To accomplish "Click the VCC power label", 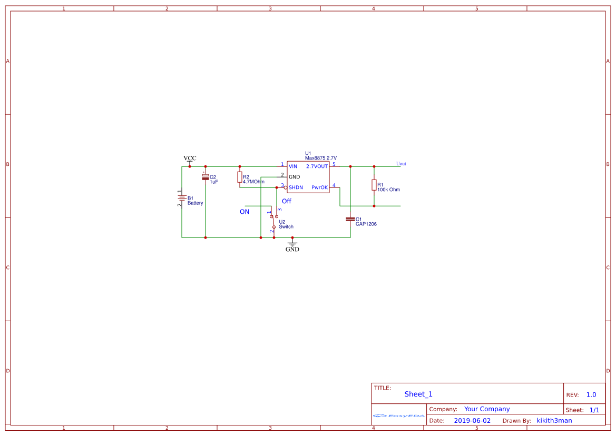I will (x=190, y=158).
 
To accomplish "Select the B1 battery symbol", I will (x=181, y=199).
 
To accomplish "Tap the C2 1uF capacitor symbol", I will (x=206, y=177).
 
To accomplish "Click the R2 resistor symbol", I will (x=240, y=177).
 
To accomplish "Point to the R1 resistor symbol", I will (x=374, y=185).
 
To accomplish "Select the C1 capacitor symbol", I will (x=350, y=219).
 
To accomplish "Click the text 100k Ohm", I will (x=388, y=190).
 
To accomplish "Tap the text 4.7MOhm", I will (x=253, y=182).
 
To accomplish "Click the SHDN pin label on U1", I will (x=296, y=187).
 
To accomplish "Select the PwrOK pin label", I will (x=319, y=187).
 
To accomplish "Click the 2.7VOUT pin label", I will (x=317, y=166).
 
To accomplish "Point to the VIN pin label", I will (x=293, y=166).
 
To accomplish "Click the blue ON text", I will (x=245, y=212).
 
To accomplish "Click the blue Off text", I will (x=286, y=201).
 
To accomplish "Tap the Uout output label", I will (x=401, y=164).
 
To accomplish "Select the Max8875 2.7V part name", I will (x=320, y=158).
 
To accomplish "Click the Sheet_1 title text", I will (x=418, y=394).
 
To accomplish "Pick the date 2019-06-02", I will (x=472, y=421).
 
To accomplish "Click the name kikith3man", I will (x=554, y=421).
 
